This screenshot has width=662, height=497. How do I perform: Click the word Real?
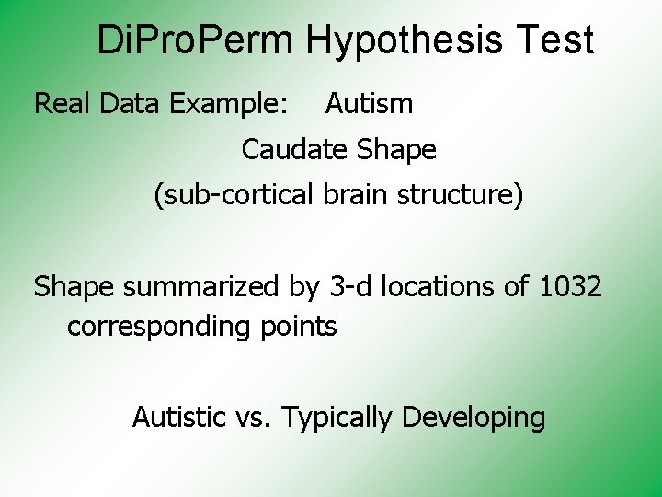click(63, 104)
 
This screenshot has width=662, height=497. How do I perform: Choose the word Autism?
click(370, 104)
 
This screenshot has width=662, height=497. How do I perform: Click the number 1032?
click(570, 287)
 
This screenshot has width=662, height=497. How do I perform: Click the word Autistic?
click(179, 418)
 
